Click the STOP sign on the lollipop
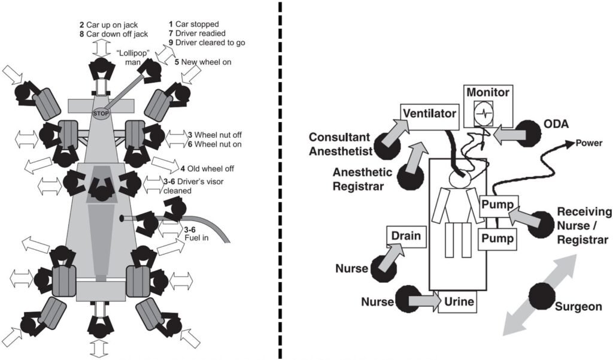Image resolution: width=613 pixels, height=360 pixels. point(99,112)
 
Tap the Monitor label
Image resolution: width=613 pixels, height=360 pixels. point(488,93)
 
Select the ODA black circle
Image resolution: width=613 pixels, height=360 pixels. point(529,134)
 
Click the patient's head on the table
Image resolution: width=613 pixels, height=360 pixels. point(460,175)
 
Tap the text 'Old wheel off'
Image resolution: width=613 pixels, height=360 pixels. point(206,169)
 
